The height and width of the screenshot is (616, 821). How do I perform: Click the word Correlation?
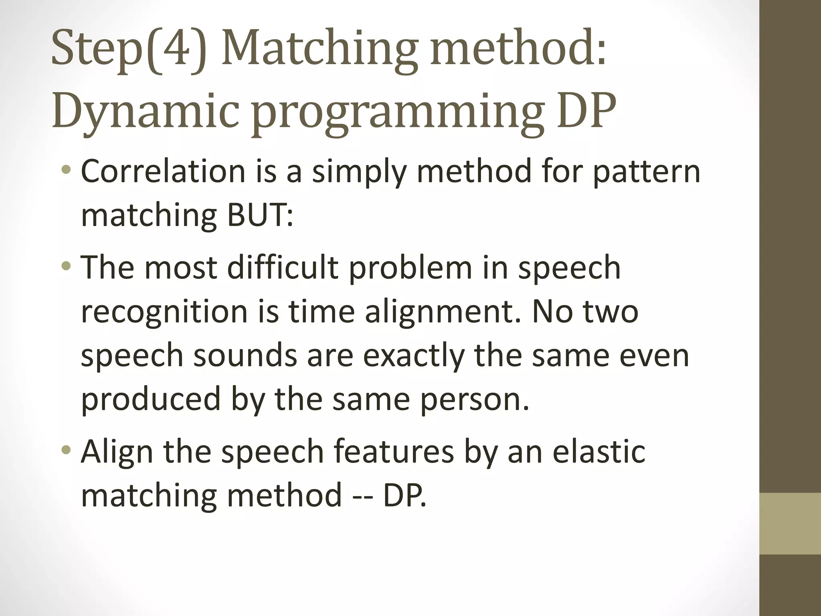[x=163, y=171]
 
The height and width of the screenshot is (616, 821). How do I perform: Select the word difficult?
[x=283, y=268]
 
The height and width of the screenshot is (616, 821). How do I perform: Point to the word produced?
[x=151, y=400]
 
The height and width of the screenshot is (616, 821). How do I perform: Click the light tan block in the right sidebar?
[x=790, y=524]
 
